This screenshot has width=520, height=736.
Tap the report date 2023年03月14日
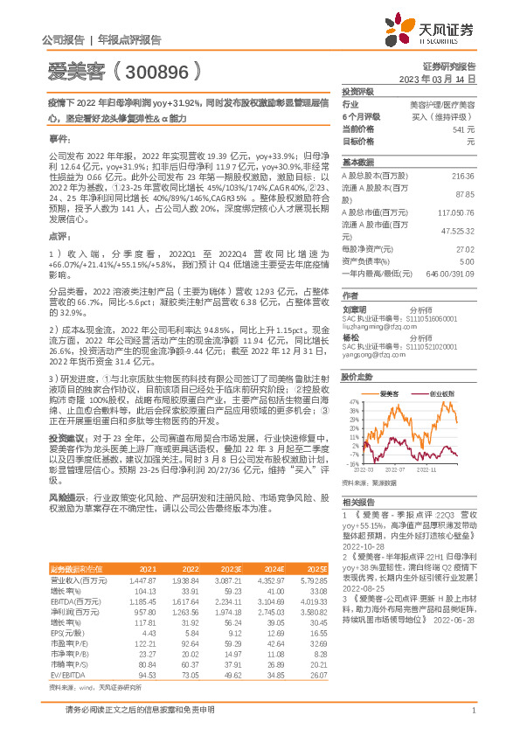point(436,79)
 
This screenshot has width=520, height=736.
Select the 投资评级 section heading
point(357,91)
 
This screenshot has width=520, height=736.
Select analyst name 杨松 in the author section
point(350,337)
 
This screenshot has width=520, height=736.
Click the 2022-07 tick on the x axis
point(395,469)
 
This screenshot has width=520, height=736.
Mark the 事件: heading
point(59,138)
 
